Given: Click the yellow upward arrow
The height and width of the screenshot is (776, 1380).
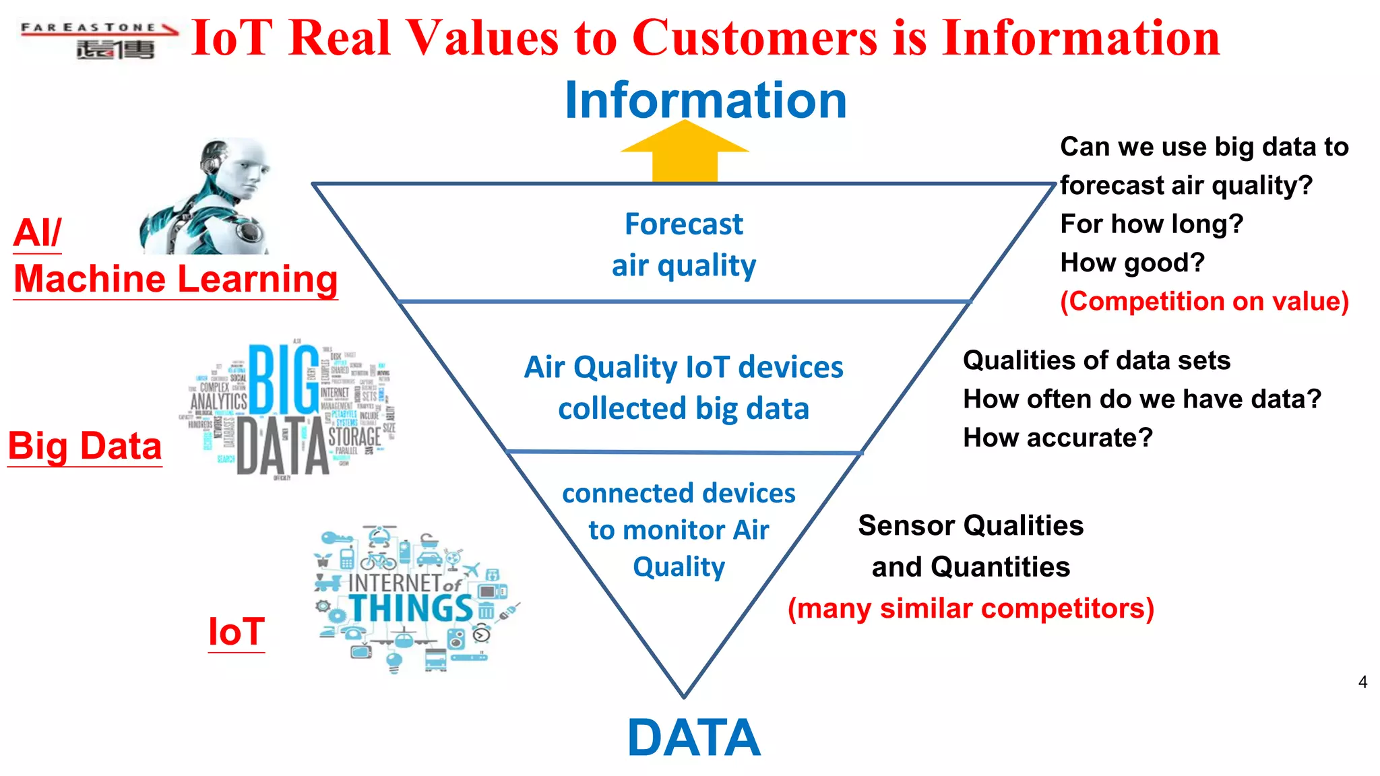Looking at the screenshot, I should click(685, 154).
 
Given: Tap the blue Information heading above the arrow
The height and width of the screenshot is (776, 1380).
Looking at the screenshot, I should click(705, 100).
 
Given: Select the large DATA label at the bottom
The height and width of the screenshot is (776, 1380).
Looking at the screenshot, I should click(694, 738).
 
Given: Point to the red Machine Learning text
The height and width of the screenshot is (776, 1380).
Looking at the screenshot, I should click(176, 279).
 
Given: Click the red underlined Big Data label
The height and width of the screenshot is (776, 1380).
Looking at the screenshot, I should click(85, 446).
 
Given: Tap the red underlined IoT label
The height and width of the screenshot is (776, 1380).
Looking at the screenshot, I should click(236, 632).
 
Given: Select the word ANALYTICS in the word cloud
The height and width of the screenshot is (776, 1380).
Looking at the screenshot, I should click(218, 402).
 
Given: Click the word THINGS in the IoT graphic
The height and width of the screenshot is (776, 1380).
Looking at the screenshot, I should click(411, 608).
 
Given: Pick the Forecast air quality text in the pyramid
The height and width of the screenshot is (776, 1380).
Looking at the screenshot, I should click(683, 245).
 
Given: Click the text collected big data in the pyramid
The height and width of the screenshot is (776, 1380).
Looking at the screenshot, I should click(683, 409).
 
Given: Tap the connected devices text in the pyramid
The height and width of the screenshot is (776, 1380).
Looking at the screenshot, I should click(679, 493).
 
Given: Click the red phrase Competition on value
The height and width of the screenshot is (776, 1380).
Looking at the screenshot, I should click(1204, 301).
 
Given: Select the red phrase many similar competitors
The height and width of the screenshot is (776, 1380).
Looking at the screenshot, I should click(971, 608).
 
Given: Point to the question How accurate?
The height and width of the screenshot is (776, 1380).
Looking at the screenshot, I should click(1058, 438).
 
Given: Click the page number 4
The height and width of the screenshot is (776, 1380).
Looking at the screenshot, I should click(1362, 682).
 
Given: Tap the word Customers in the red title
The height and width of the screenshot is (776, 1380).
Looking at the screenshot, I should click(755, 38).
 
